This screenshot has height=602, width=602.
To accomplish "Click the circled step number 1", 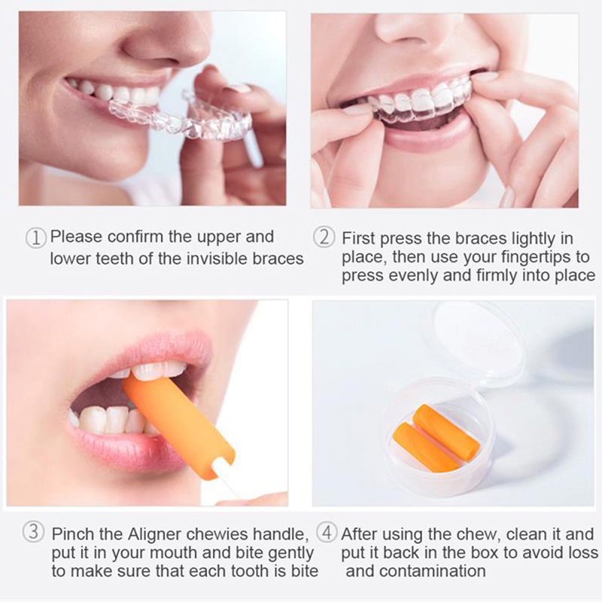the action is [35, 238].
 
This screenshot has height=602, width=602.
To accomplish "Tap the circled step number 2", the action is [324, 237].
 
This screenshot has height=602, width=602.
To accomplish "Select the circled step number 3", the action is [33, 532].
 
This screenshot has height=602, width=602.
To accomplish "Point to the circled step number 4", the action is [327, 533].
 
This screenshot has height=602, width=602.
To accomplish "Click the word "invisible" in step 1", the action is [217, 258].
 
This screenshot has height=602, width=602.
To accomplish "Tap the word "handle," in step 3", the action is [281, 534].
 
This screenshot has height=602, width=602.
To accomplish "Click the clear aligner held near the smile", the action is [181, 117].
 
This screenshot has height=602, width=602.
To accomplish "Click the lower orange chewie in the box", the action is [425, 447].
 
